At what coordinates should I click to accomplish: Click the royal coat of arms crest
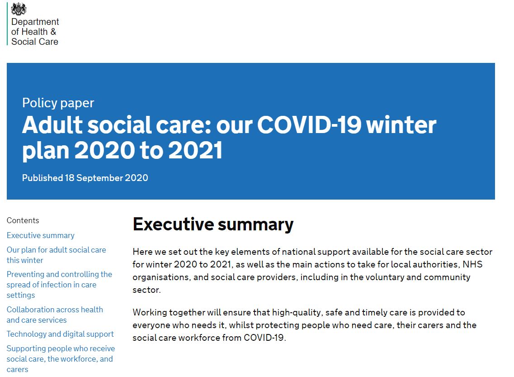tap(19, 9)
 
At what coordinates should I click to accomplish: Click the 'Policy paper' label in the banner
tap(58, 103)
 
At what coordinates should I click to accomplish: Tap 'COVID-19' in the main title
tap(309, 125)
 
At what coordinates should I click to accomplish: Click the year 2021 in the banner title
tap(195, 151)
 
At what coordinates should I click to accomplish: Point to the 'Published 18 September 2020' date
tap(85, 178)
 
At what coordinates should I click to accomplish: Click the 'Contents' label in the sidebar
tap(23, 220)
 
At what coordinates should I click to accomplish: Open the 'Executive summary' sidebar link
tap(41, 236)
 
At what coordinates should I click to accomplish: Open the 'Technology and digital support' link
tap(60, 334)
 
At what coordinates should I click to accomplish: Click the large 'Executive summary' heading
tap(213, 225)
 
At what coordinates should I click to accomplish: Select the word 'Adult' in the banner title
tap(52, 125)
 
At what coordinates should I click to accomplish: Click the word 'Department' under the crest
tap(35, 22)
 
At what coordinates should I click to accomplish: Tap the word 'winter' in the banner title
tap(401, 125)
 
